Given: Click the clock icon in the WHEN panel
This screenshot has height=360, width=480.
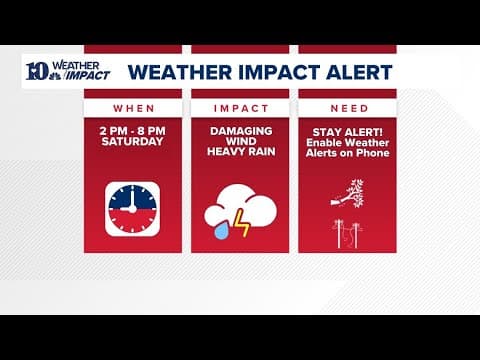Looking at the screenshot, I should coord(133,209).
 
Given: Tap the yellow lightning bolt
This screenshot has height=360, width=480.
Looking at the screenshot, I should coord(242,220).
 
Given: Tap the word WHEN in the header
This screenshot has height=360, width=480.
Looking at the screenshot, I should coord(133,107).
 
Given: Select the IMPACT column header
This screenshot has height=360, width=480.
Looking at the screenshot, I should coord(240,107).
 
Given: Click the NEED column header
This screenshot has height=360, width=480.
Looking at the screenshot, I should coord(347,107).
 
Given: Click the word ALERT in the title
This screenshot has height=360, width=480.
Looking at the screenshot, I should coord(362,73).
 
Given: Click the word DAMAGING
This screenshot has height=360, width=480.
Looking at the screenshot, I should coord(240,130).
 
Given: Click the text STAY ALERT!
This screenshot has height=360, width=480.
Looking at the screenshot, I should coord(347,130).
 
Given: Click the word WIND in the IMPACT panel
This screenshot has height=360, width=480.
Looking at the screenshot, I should coord(240,141).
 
